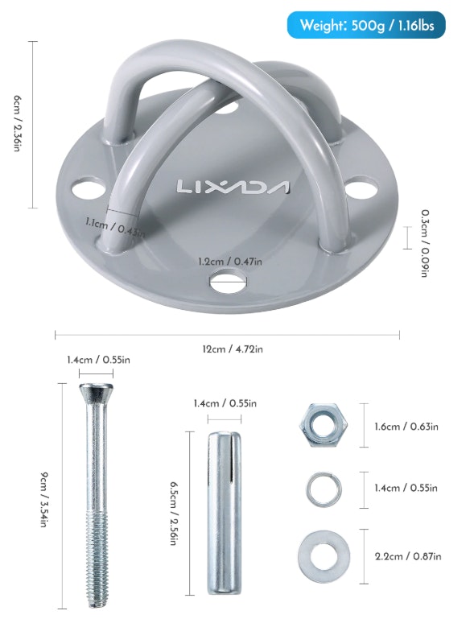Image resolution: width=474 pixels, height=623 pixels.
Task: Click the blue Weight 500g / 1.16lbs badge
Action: [366, 25]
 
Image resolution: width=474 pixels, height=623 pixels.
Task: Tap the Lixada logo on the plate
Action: [233, 187]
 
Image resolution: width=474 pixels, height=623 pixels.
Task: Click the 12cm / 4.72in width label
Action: [233, 349]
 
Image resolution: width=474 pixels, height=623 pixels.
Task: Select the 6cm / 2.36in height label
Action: [16, 123]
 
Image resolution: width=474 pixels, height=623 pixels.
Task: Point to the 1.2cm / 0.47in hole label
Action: [230, 261]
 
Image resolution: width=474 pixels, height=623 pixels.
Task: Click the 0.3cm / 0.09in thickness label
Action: [425, 243]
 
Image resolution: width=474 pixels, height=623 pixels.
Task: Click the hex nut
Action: [324, 425]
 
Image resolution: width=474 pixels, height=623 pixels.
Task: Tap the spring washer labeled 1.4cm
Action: [324, 489]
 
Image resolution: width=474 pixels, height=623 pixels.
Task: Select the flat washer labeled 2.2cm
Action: [324, 556]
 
